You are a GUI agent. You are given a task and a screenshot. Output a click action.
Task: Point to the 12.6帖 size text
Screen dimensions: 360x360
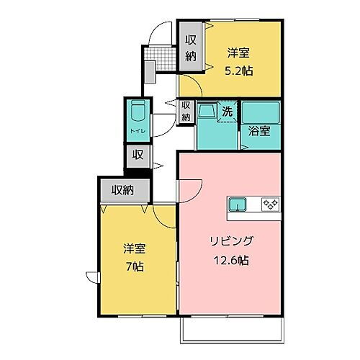[x=230, y=261]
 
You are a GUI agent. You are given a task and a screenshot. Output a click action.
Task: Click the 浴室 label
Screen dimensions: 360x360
[x=261, y=133]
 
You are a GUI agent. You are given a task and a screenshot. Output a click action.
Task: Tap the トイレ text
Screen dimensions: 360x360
[x=137, y=131]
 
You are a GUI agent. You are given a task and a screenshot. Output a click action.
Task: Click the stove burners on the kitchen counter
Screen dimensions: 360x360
[x=271, y=204]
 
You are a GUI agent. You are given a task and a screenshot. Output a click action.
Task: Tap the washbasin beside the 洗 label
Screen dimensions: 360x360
[x=207, y=112]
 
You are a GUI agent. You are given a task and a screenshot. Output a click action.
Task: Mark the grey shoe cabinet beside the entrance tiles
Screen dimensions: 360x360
[x=150, y=72]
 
